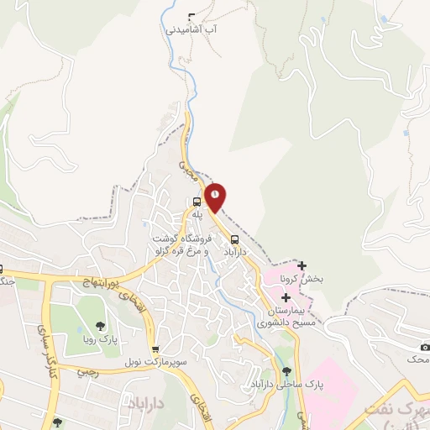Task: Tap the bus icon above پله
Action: [x=197, y=202]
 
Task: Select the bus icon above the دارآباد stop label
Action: [x=233, y=238]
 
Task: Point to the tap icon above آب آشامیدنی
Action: [x=192, y=16]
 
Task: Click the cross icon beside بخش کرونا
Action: [x=302, y=266]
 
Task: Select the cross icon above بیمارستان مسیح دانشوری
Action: [x=286, y=297]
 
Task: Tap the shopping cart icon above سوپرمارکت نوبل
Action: [x=155, y=349]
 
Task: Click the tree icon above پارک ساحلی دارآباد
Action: [x=287, y=370]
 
